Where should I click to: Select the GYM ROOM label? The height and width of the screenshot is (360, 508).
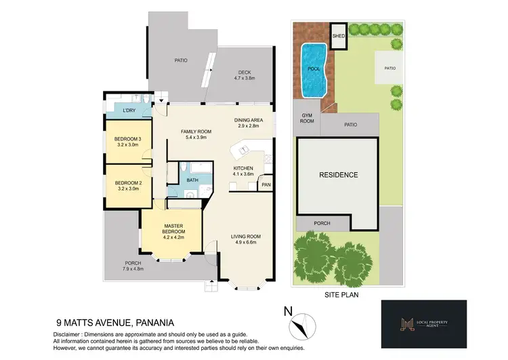[307, 119]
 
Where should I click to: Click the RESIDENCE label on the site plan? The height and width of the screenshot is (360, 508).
[338, 175]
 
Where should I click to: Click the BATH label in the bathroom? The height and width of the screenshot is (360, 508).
[192, 180]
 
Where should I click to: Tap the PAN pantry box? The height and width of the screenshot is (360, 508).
[266, 184]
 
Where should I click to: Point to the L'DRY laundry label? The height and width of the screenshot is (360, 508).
[129, 110]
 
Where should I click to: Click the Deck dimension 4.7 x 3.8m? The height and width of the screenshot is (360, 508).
[245, 79]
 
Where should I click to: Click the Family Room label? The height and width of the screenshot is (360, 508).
[196, 131]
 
